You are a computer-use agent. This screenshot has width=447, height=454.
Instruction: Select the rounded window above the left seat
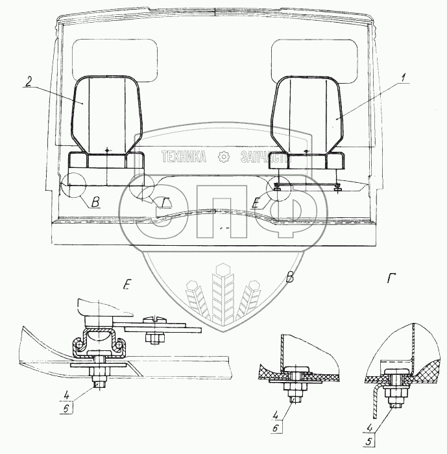coord(114,61)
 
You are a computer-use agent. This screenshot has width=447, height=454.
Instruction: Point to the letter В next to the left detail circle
coord(95,204)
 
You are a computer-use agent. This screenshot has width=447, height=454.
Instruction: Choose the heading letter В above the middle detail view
coord(290,278)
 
